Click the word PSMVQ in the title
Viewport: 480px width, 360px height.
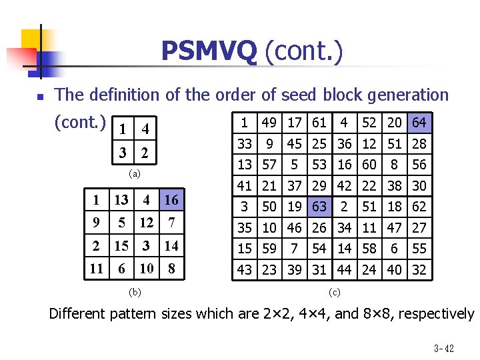coord(209,51)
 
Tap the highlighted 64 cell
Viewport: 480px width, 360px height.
coord(419,123)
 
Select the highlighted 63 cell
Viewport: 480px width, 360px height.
coord(319,206)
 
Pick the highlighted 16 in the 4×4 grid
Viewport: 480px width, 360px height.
coord(171,200)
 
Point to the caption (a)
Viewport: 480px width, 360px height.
coord(135,174)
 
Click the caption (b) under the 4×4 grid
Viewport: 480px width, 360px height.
coord(135,291)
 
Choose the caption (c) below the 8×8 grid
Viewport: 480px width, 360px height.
coord(335,291)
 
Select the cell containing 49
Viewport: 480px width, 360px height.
coord(269,123)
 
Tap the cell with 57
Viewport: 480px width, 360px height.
coord(269,165)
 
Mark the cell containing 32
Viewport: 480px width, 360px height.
coord(419,269)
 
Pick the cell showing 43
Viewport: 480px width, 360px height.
coord(245,269)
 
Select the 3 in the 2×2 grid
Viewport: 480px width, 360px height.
coord(123,154)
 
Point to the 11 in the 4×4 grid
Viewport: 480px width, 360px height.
coord(96,269)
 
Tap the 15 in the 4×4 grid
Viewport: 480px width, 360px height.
coord(121,246)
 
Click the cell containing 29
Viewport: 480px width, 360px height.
coord(319,185)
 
